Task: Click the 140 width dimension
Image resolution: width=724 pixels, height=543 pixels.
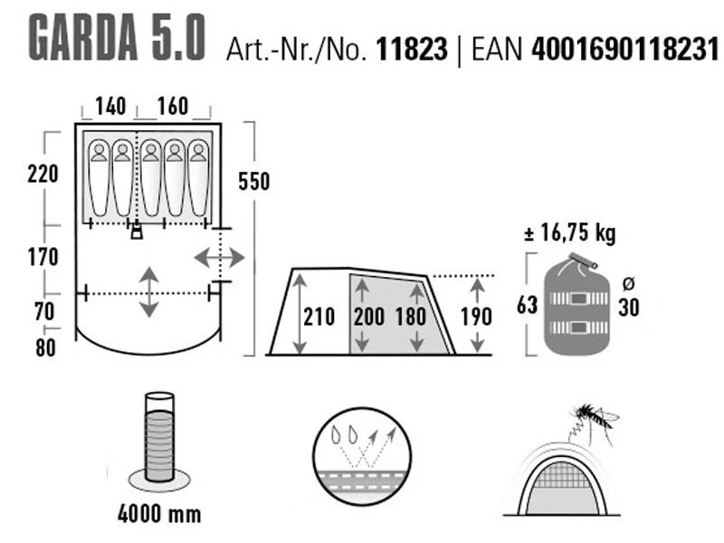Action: [x=110, y=106]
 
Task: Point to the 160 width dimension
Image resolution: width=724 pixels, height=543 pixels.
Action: [x=172, y=106]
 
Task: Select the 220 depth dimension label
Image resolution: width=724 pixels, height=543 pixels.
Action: [x=43, y=174]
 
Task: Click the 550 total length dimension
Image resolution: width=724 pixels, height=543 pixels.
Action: [x=254, y=181]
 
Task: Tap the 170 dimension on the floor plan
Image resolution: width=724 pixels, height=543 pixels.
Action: [x=42, y=257]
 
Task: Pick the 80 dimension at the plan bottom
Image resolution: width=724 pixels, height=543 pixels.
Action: [x=43, y=347]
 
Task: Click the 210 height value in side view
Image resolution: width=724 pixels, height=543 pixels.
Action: [x=319, y=317]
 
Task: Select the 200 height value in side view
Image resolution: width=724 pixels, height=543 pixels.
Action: [x=371, y=317]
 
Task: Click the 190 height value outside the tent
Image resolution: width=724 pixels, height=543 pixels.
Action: [x=476, y=317]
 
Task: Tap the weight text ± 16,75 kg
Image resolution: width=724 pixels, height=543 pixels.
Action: [x=570, y=233]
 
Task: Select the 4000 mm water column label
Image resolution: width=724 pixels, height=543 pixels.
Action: [x=159, y=516]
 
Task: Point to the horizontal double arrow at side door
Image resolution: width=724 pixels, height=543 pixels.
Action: [x=219, y=258]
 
